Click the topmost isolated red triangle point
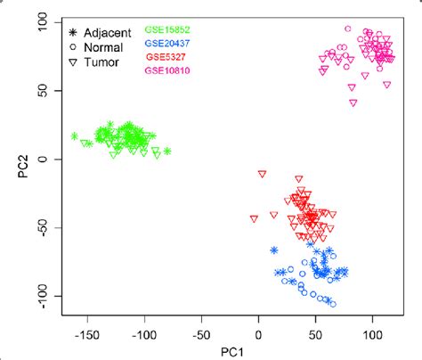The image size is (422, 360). (262, 175)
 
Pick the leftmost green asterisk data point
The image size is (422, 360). (75, 136)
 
